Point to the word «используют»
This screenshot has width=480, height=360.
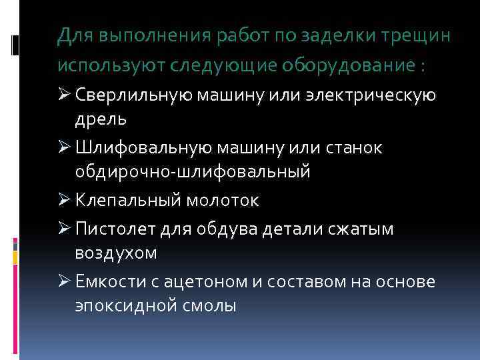pyautogui.click(x=111, y=67)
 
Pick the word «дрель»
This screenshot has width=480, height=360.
pyautogui.click(x=101, y=119)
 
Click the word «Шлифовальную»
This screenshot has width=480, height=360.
pyautogui.click(x=141, y=147)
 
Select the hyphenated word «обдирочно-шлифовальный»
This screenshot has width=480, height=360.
pyautogui.click(x=192, y=172)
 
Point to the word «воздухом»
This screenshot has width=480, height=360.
pyautogui.click(x=115, y=254)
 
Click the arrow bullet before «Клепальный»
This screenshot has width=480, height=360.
pyautogui.click(x=65, y=200)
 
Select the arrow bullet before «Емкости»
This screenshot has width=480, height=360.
pyautogui.click(x=65, y=281)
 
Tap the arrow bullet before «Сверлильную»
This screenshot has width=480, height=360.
pyautogui.click(x=65, y=94)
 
